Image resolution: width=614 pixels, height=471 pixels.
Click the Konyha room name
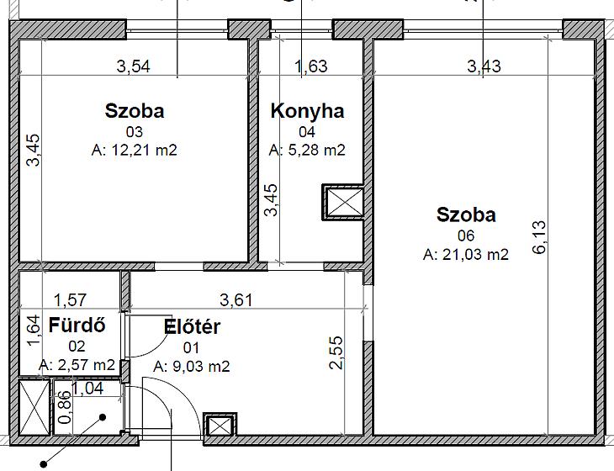coord(307,111)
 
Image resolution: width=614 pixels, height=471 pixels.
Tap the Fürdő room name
coord(77,325)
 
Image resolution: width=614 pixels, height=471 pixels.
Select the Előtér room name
coord(192,327)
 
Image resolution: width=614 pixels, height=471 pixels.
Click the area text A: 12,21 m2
coord(134,150)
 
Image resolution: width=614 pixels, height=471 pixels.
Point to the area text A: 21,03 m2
coord(466,255)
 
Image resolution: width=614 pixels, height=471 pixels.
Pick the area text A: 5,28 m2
coord(307,150)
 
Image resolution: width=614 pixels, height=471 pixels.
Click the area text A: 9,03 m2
coord(192,367)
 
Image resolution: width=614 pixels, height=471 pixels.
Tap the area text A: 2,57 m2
coord(77,365)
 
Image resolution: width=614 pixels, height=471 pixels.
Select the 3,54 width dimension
coord(133,66)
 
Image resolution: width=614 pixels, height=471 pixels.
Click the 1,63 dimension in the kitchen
coord(311,66)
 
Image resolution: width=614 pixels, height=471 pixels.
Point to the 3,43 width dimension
coord(484,66)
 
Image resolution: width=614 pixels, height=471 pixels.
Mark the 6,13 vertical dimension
coord(539,237)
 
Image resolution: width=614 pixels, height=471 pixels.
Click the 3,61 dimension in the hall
coord(236,300)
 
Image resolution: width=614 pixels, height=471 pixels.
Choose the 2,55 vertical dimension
coord(336,352)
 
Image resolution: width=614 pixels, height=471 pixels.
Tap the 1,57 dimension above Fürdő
coord(70,300)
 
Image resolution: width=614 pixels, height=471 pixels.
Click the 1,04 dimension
coord(87,389)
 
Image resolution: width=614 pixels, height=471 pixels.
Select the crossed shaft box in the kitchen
coord(344,202)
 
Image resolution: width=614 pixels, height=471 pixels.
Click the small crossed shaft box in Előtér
coord(220,424)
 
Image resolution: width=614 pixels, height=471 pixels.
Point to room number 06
coord(466,235)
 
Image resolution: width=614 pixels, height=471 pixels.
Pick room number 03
coord(134,132)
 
